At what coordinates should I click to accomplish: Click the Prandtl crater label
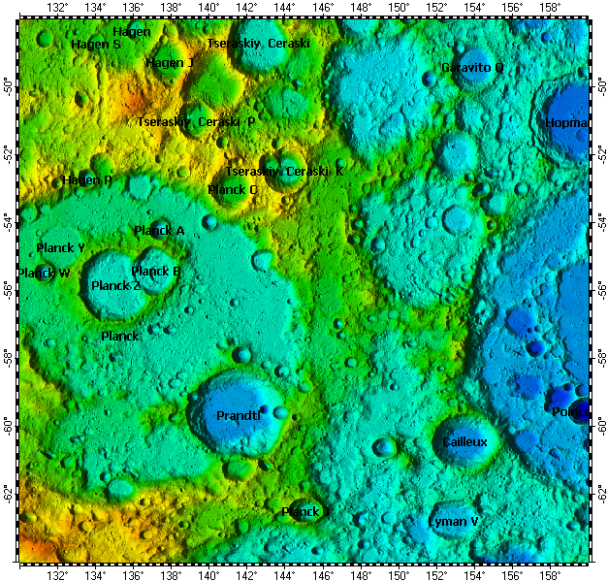click(x=239, y=416)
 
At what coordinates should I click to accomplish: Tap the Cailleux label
click(x=464, y=442)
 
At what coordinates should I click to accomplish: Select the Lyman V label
click(x=454, y=522)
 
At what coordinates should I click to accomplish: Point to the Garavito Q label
click(x=472, y=68)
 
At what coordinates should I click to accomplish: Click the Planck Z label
click(x=115, y=286)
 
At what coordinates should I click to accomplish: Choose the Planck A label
click(x=159, y=231)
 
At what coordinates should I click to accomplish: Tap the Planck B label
click(x=156, y=272)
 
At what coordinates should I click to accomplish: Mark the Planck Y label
click(x=60, y=248)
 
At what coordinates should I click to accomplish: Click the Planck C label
click(x=233, y=190)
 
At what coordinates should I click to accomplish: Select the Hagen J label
click(x=170, y=63)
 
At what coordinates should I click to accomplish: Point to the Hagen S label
click(x=96, y=45)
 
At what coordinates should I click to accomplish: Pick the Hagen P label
click(x=87, y=180)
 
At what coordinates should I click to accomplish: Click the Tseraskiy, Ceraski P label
click(x=196, y=122)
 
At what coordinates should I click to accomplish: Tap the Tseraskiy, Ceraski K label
click(x=284, y=172)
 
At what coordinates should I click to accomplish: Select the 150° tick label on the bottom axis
click(x=399, y=574)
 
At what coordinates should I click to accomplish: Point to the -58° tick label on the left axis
click(x=10, y=357)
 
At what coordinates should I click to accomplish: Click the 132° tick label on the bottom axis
click(x=58, y=574)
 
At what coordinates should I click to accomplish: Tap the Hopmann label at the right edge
click(x=566, y=123)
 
